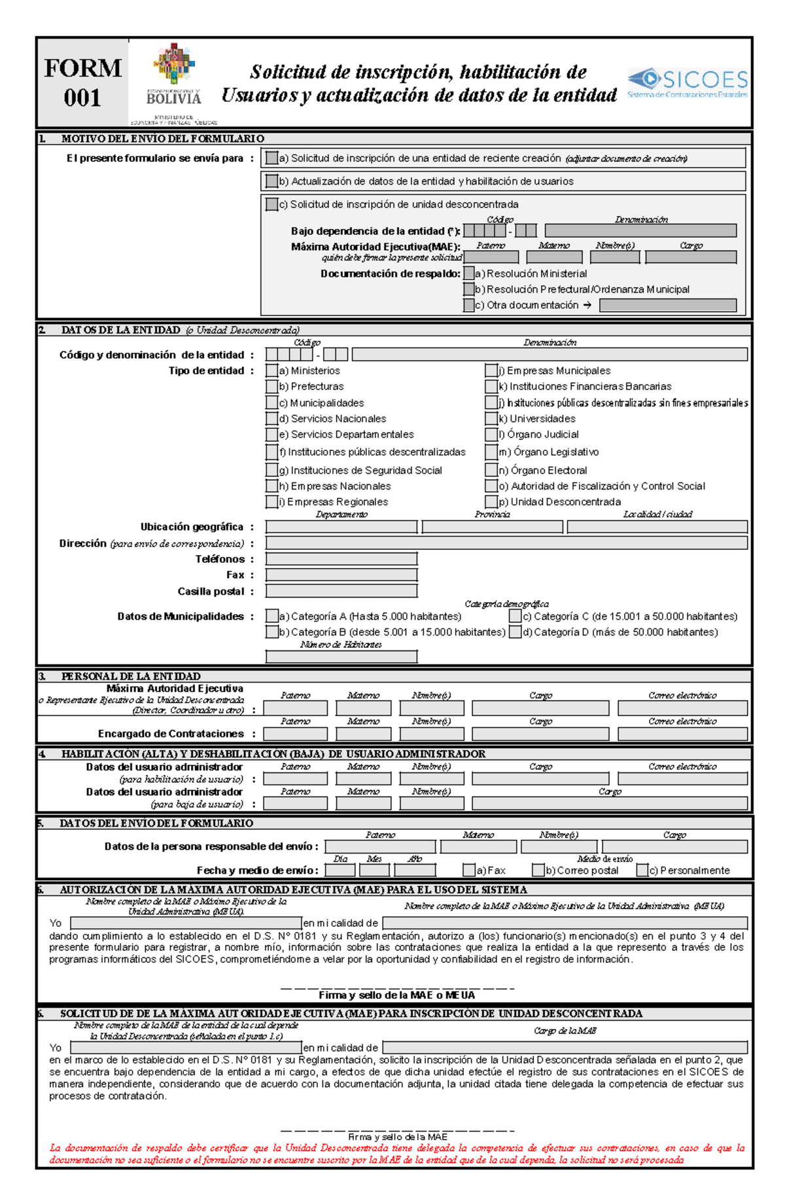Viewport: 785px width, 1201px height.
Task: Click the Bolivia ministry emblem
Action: pyautogui.click(x=174, y=82)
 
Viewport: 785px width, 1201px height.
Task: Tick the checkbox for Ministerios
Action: pyautogui.click(x=272, y=370)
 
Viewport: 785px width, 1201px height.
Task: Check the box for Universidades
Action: pyautogui.click(x=491, y=418)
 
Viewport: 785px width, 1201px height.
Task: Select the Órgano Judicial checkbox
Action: pyautogui.click(x=491, y=434)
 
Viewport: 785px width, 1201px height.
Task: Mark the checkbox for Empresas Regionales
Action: pyautogui.click(x=272, y=502)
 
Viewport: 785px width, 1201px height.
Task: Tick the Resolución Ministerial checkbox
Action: pyautogui.click(x=469, y=274)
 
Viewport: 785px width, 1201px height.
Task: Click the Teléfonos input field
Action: pyautogui.click(x=341, y=559)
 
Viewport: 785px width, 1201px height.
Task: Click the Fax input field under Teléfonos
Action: pyautogui.click(x=341, y=575)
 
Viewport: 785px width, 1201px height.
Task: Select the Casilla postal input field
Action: pyautogui.click(x=341, y=591)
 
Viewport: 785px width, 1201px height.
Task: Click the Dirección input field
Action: pyautogui.click(x=506, y=543)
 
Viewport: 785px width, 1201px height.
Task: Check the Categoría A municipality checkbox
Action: pyautogui.click(x=272, y=616)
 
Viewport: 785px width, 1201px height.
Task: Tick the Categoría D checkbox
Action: pyautogui.click(x=515, y=632)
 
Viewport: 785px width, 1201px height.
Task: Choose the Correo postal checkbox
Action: pyautogui.click(x=538, y=870)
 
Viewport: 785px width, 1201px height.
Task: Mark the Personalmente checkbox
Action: pyautogui.click(x=643, y=870)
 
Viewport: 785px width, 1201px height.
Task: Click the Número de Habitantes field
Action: pyautogui.click(x=341, y=656)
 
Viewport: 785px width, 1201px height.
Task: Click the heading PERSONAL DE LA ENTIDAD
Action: pyautogui.click(x=131, y=676)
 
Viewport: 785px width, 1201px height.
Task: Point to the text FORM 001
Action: pyautogui.click(x=82, y=82)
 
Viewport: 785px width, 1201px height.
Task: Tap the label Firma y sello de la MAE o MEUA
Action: pyautogui.click(x=396, y=995)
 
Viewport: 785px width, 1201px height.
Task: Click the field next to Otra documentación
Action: pyautogui.click(x=668, y=305)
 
